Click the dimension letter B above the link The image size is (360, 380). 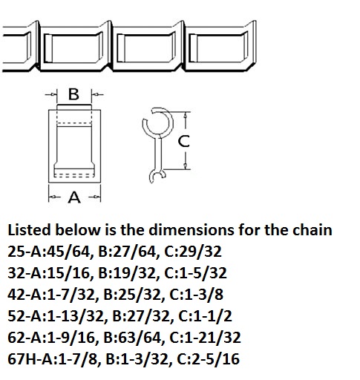coord(73,94)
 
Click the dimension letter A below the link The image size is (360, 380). coord(74,197)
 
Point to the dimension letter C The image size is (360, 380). coord(184,141)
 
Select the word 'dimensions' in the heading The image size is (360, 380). coord(192,230)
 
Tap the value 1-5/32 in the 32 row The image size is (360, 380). coord(203,273)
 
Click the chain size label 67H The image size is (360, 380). coord(22,359)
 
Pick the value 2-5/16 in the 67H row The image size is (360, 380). coord(216,359)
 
